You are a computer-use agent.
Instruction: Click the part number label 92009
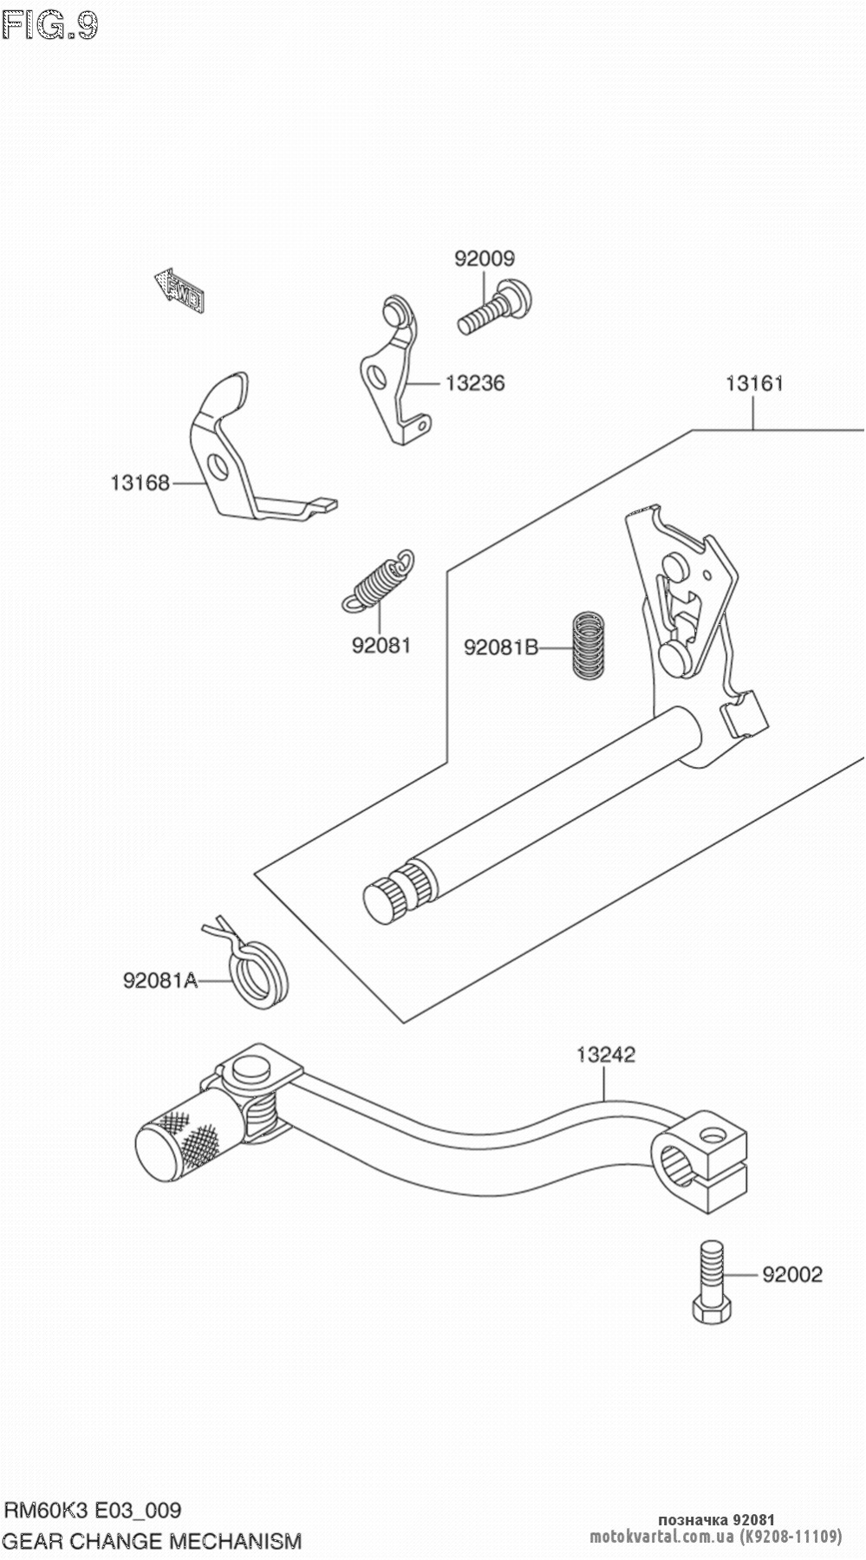click(485, 258)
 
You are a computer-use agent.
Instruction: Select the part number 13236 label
click(474, 382)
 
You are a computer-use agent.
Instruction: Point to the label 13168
click(140, 483)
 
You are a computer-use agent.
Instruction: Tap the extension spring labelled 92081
click(378, 579)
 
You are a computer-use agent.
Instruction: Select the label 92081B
click(501, 647)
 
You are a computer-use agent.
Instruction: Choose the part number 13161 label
click(754, 382)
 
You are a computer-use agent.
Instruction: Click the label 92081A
click(160, 981)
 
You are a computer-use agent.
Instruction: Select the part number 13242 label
click(606, 1054)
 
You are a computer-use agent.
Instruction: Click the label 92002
click(792, 1274)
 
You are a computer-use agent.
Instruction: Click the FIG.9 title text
click(50, 27)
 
